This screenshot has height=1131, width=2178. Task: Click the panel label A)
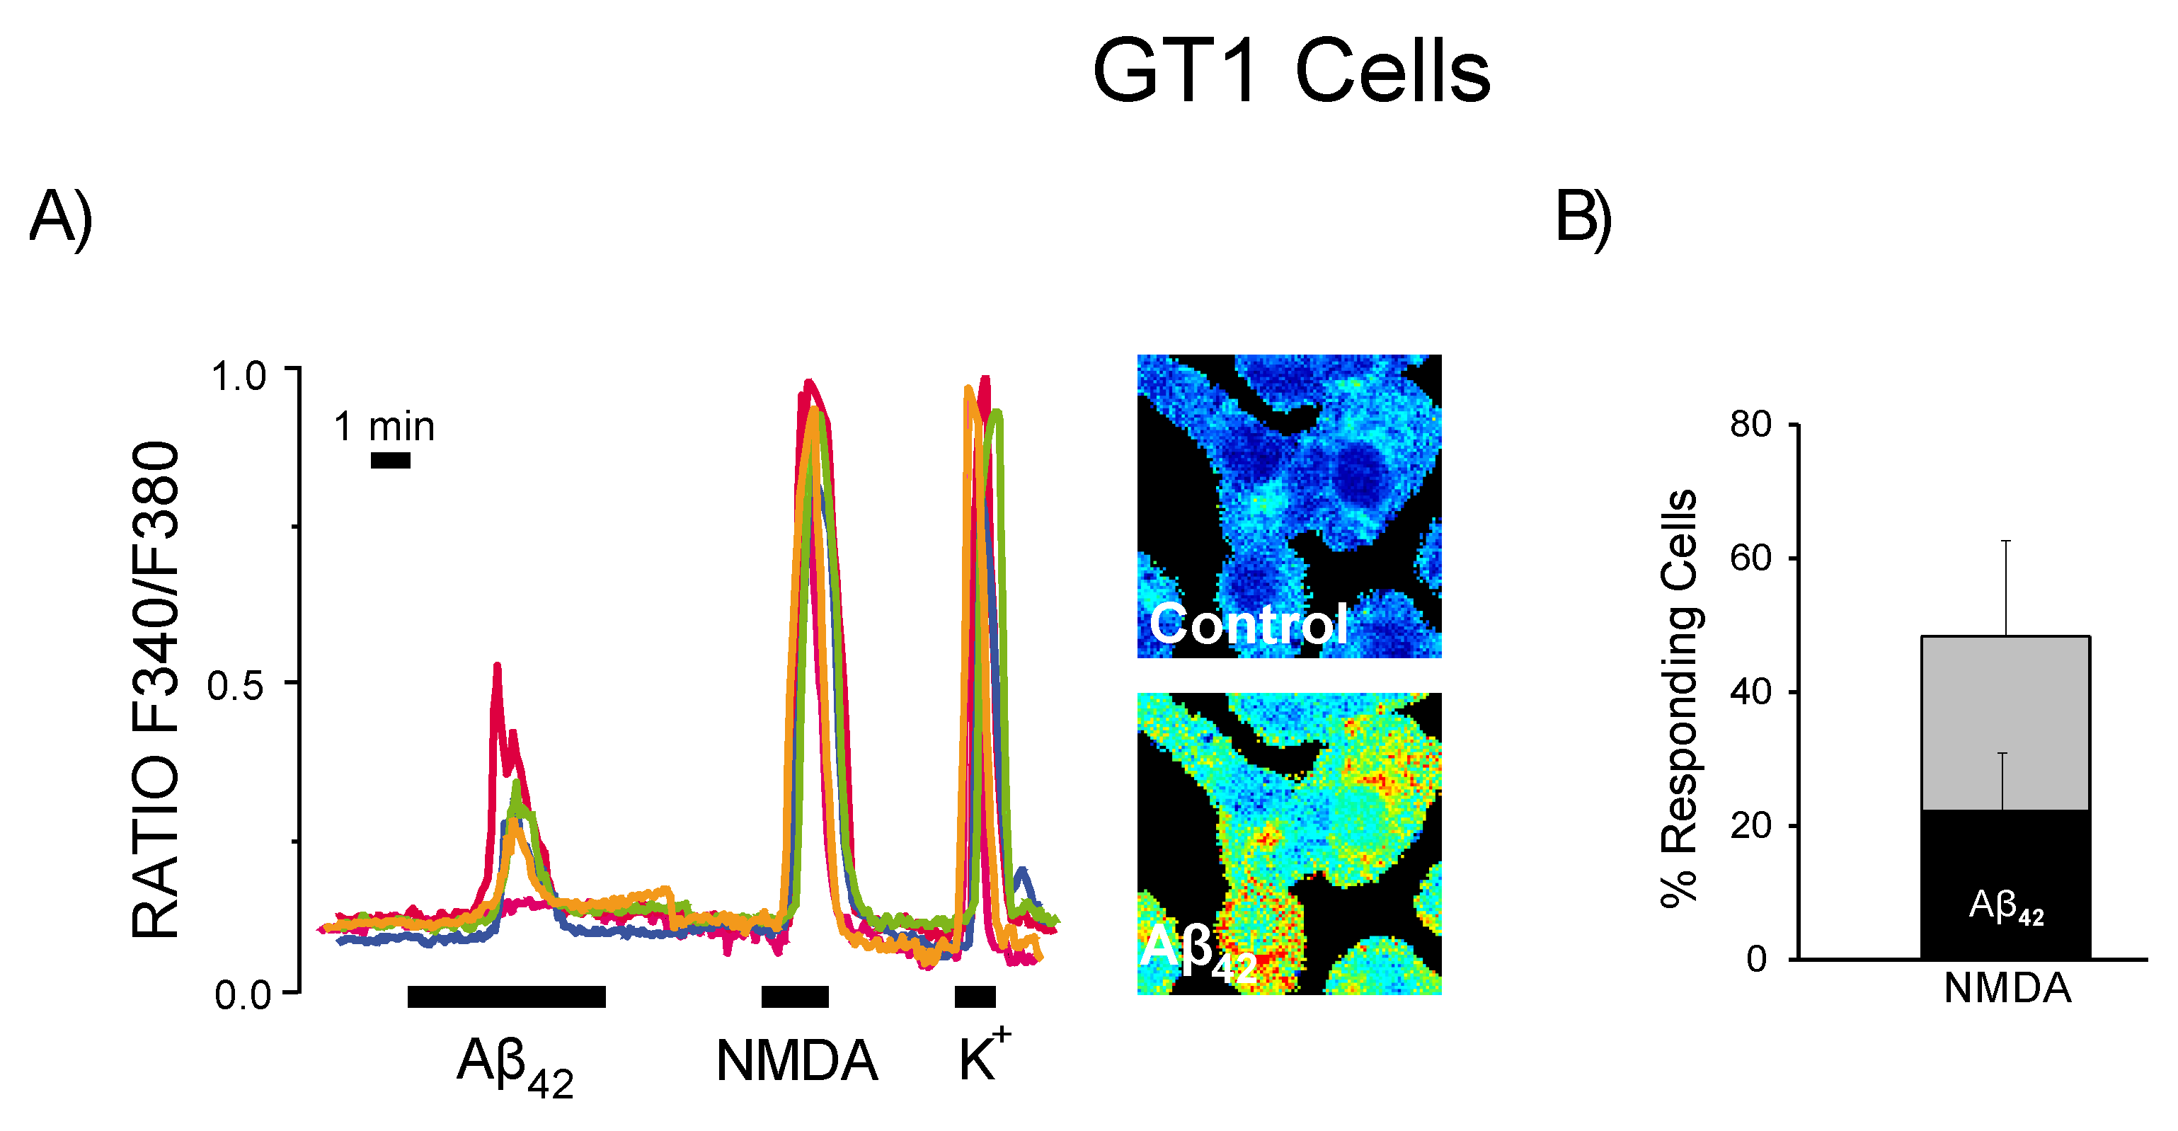60,218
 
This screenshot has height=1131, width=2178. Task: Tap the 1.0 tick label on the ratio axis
239,376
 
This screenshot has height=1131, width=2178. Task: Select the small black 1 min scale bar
391,461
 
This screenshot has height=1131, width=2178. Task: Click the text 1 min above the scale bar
384,427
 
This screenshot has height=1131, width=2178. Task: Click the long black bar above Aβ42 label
506,997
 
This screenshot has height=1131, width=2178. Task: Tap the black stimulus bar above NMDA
795,997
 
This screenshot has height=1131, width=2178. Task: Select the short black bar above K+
975,997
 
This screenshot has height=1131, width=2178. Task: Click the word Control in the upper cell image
1248,625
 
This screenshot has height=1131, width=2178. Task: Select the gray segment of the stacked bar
2005,723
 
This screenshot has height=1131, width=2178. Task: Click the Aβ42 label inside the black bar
2005,908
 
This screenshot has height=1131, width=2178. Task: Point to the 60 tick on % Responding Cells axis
1750,558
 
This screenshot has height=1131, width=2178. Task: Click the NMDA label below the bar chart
2007,988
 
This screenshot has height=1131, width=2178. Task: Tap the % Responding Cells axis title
1679,697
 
